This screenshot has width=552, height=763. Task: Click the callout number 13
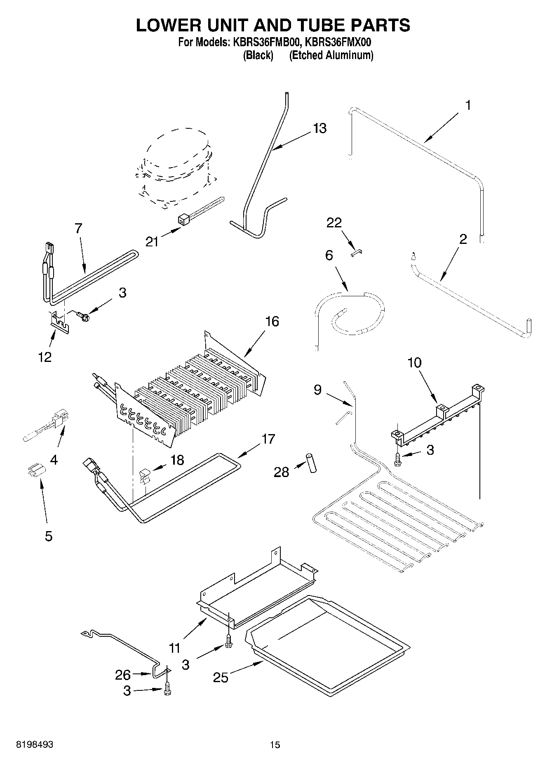319,128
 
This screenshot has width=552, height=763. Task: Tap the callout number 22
334,223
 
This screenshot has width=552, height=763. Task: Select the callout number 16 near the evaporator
272,321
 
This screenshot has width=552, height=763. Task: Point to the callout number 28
282,472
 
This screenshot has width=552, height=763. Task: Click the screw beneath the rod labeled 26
167,688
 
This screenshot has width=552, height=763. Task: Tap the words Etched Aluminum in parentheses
331,55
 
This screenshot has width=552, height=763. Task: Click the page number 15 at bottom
275,744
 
